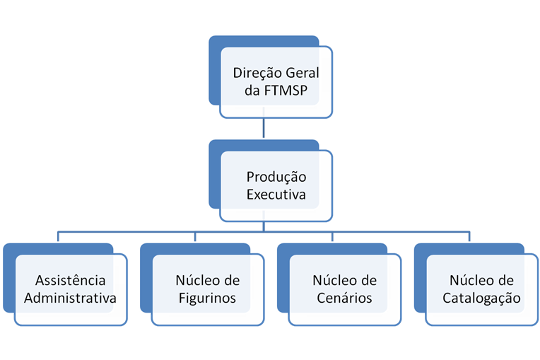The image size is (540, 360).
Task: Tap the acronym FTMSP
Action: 286,91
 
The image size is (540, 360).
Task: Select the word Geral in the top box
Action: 303,73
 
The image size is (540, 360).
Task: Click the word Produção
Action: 276,178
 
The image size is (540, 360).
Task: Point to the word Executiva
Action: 276,194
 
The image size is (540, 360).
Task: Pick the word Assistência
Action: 70,280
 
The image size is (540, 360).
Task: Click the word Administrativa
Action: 70,298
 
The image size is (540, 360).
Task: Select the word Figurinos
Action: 207,298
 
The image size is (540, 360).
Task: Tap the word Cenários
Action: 344,298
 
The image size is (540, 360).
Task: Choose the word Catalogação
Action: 481,298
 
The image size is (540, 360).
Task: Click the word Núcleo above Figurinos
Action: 195,280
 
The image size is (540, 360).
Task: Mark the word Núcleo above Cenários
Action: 332,280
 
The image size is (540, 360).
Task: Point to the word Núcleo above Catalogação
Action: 469,280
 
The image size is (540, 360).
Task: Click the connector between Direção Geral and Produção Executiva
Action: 264,128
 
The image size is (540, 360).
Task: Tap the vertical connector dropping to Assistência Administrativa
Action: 58,236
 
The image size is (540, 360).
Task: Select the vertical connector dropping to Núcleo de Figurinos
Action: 195,236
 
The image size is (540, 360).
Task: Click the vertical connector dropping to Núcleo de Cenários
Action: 332,236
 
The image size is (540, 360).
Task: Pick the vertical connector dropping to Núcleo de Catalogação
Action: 469,236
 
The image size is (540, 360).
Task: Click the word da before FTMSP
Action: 252,91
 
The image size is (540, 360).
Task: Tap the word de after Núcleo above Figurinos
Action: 230,280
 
